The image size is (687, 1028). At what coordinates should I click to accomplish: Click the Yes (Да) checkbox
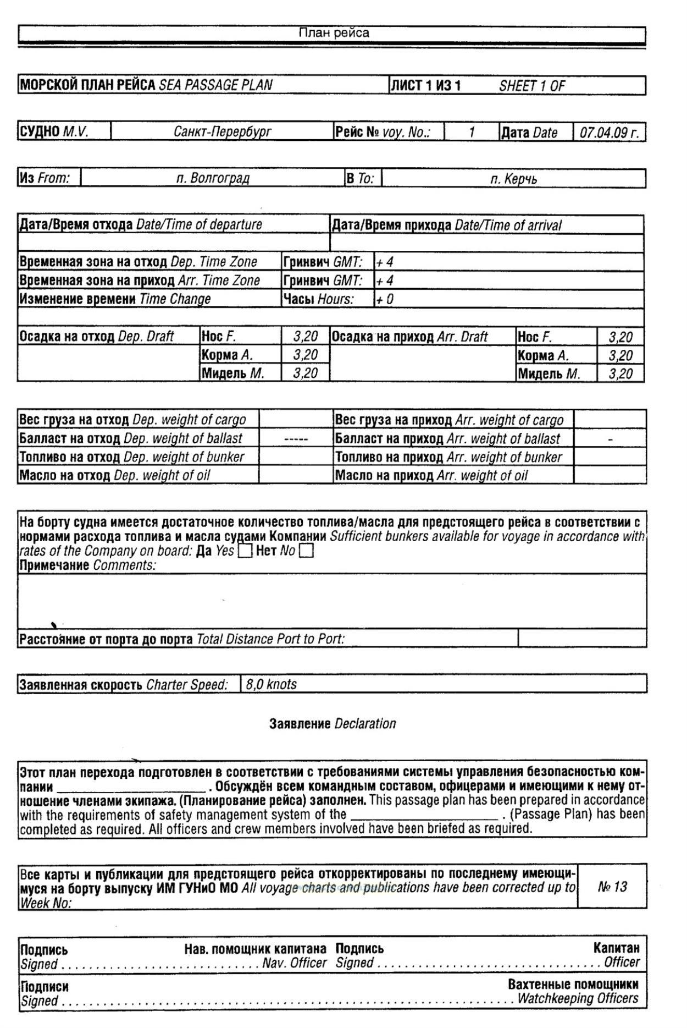(x=245, y=551)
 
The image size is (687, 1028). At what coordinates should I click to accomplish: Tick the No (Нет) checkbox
(x=307, y=551)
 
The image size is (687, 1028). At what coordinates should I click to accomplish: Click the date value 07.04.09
(x=609, y=133)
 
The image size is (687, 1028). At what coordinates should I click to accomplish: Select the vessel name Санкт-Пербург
(x=222, y=132)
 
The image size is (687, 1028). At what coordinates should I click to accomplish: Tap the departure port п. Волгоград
(x=213, y=178)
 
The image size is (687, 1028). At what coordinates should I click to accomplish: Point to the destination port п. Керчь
(x=513, y=179)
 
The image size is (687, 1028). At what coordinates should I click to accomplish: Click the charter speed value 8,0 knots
(x=271, y=684)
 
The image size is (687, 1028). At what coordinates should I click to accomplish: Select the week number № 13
(x=612, y=886)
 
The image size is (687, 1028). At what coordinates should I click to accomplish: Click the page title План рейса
(x=334, y=33)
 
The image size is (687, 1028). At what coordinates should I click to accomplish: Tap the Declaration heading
(x=333, y=723)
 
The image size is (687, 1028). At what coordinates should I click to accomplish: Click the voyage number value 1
(x=471, y=132)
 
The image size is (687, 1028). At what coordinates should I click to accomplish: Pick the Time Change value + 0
(x=385, y=299)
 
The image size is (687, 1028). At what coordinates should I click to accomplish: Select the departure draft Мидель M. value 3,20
(x=305, y=373)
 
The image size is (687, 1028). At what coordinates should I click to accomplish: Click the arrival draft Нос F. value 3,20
(x=620, y=337)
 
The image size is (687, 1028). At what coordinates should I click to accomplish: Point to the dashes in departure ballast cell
(x=296, y=439)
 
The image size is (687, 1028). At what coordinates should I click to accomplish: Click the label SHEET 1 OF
(x=531, y=86)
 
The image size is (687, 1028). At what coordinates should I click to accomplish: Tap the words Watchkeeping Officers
(x=578, y=998)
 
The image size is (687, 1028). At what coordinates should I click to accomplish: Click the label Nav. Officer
(x=295, y=963)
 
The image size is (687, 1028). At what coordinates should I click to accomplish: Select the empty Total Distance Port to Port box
(x=581, y=638)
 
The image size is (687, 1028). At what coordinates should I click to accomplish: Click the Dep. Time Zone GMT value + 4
(x=385, y=262)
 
